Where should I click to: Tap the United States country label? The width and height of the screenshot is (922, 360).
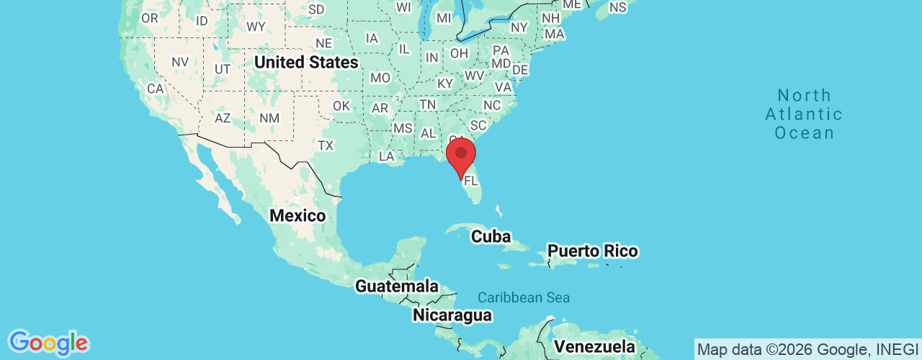pyautogui.click(x=306, y=63)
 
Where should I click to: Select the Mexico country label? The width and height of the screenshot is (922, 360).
pyautogui.click(x=297, y=215)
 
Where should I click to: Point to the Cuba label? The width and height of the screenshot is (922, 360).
pyautogui.click(x=491, y=236)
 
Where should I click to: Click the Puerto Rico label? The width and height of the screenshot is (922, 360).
pyautogui.click(x=592, y=251)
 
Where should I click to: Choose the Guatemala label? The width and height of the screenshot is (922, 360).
pyautogui.click(x=397, y=286)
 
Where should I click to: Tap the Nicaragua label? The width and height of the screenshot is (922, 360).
pyautogui.click(x=452, y=315)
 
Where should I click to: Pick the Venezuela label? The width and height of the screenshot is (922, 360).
pyautogui.click(x=594, y=347)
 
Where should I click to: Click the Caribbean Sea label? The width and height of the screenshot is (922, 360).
pyautogui.click(x=524, y=297)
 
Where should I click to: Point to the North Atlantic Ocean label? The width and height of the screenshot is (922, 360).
pyautogui.click(x=804, y=114)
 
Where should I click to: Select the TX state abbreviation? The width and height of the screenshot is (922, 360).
pyautogui.click(x=326, y=145)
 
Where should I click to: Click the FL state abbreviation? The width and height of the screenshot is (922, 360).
pyautogui.click(x=471, y=181)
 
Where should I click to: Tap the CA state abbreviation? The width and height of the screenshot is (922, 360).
pyautogui.click(x=155, y=89)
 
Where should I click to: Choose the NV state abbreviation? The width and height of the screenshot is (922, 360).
pyautogui.click(x=179, y=62)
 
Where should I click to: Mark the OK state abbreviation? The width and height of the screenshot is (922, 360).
pyautogui.click(x=341, y=106)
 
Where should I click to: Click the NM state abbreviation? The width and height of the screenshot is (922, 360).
pyautogui.click(x=269, y=117)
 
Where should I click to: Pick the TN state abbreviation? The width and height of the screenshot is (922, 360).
pyautogui.click(x=428, y=104)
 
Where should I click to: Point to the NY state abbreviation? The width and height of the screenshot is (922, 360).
pyautogui.click(x=519, y=27)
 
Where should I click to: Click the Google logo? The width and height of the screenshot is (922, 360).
pyautogui.click(x=48, y=343)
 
